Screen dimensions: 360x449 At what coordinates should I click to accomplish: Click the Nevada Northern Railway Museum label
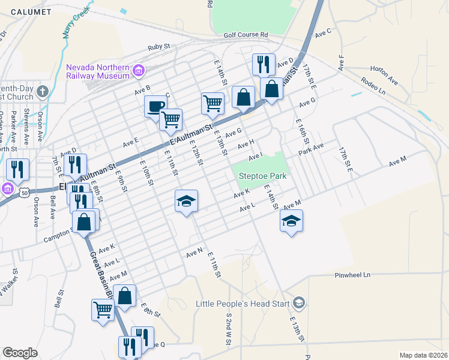click(x=98, y=71)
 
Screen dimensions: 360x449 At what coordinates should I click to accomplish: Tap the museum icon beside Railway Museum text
click(x=139, y=71)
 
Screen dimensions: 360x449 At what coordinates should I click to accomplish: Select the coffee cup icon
click(x=155, y=107)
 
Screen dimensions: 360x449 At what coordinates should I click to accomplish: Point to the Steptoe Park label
click(x=262, y=176)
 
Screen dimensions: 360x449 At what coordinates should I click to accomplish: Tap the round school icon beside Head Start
click(x=300, y=303)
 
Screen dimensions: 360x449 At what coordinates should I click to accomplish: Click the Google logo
click(x=20, y=353)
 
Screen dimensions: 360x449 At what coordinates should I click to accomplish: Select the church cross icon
click(x=41, y=92)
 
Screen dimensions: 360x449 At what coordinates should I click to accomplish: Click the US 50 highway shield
click(x=23, y=193)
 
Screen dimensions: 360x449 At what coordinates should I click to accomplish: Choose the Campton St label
click(x=58, y=239)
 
